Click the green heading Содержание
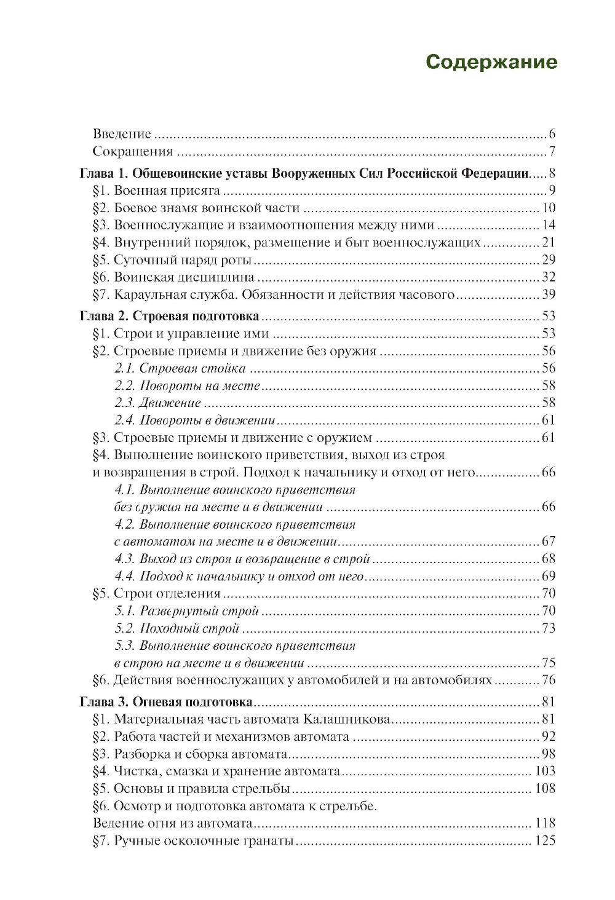[x=491, y=62]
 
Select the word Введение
[x=122, y=134]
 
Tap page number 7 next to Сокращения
[x=552, y=151]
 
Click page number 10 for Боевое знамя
[x=548, y=208]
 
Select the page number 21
[x=548, y=242]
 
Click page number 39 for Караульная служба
[x=548, y=294]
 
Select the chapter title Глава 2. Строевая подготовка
[x=170, y=316]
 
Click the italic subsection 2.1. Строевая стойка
[x=180, y=368]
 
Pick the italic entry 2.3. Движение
[x=157, y=403]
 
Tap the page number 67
[x=548, y=542]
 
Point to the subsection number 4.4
[x=125, y=576]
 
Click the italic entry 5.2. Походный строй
[x=177, y=628]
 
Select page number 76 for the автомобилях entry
[x=548, y=680]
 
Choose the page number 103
[x=545, y=771]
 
